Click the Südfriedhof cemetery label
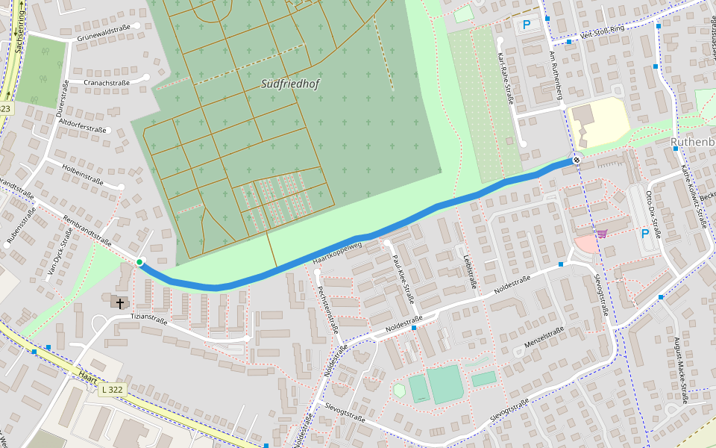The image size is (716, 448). tap(290, 84)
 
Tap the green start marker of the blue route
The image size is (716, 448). tap(139, 261)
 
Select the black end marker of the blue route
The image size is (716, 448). tap(577, 160)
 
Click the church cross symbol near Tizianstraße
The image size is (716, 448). tap(119, 302)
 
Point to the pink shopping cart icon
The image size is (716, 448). tap(601, 234)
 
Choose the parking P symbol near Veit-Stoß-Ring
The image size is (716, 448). tap(527, 25)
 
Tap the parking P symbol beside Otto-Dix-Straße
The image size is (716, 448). tap(646, 233)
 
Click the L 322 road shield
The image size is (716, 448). tap(113, 390)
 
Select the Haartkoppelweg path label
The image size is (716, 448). tap(337, 252)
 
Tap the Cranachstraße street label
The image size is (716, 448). tap(107, 83)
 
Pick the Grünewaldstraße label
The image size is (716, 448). tap(104, 28)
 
